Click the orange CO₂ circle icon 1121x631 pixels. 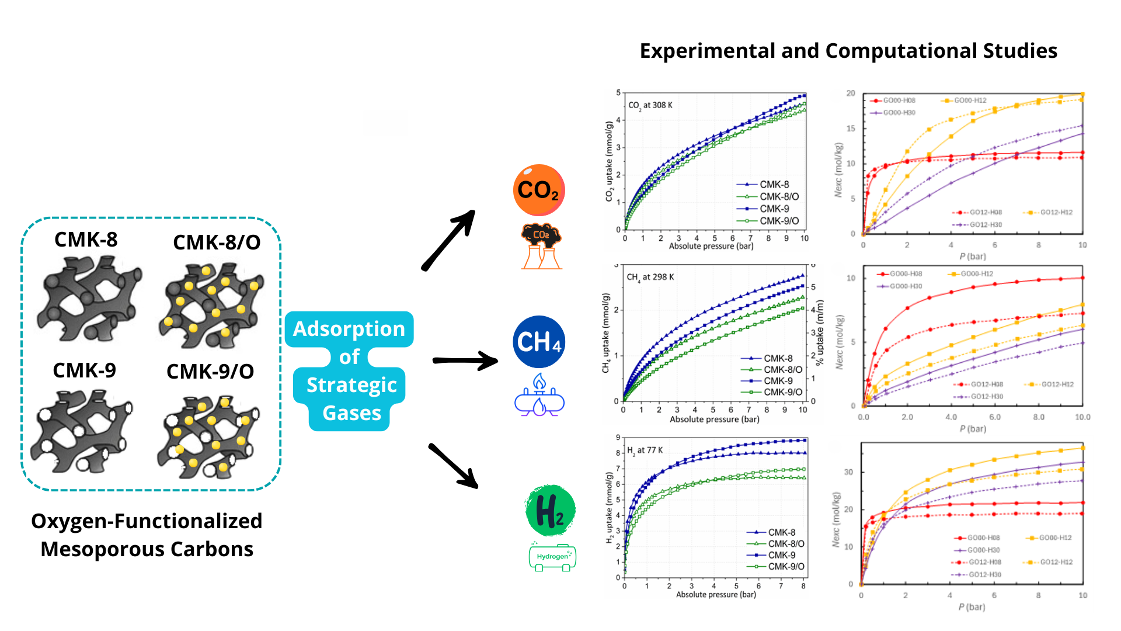(539, 190)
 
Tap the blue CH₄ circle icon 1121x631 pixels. (539, 342)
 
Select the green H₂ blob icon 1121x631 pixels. (550, 510)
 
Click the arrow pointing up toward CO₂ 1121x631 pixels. (448, 240)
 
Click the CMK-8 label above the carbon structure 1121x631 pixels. (86, 240)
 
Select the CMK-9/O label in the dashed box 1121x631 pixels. (210, 372)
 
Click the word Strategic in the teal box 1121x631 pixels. (351, 385)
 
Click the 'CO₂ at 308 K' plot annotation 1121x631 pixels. (650, 106)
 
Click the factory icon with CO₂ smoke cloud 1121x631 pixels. (541, 247)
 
